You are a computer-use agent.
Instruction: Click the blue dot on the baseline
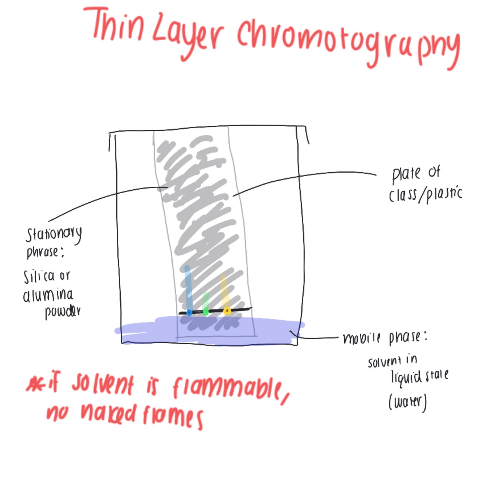coord(189,313)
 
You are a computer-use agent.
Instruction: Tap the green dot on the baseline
coord(206,312)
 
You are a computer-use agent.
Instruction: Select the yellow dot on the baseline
coord(227,311)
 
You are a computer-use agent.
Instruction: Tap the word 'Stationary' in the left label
coord(54,235)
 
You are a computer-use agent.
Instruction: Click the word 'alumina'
coord(48,296)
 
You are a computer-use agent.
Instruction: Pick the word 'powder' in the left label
coord(63,312)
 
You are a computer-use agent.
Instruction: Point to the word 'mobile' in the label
coord(361,338)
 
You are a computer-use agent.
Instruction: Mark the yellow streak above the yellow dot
coord(225,291)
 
